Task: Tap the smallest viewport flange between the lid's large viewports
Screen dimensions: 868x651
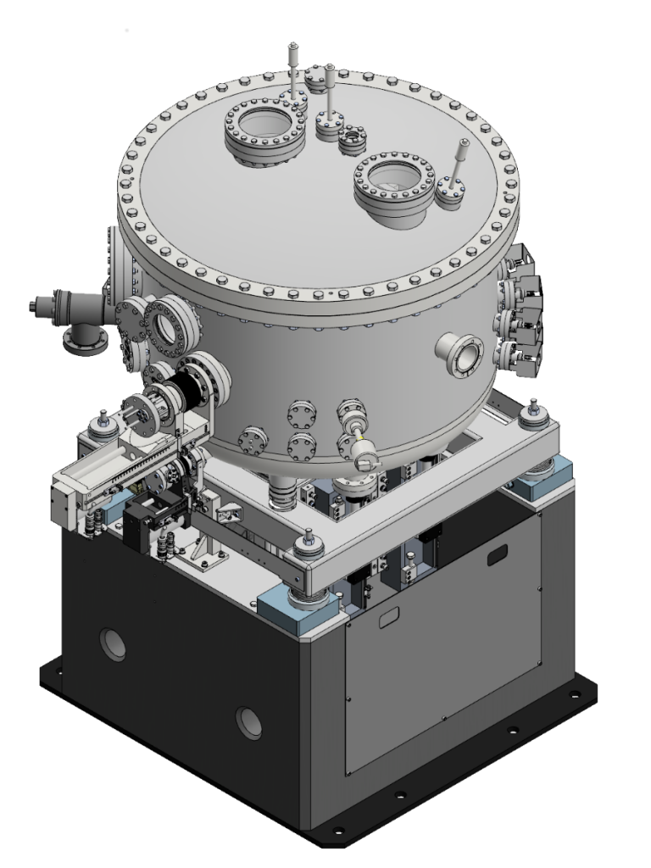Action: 351,139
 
